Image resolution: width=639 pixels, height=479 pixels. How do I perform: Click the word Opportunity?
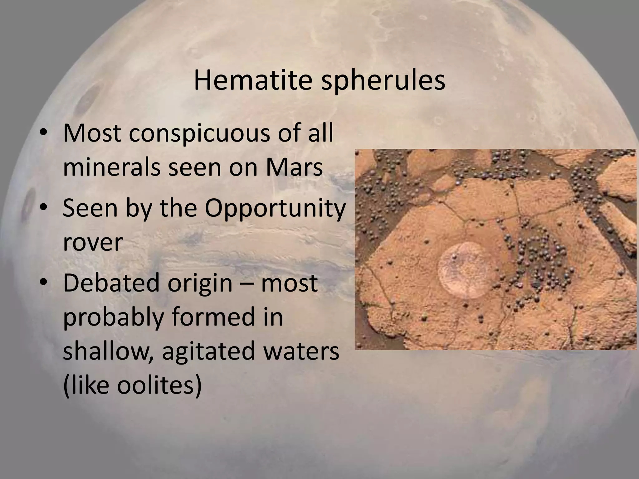pos(275,208)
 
